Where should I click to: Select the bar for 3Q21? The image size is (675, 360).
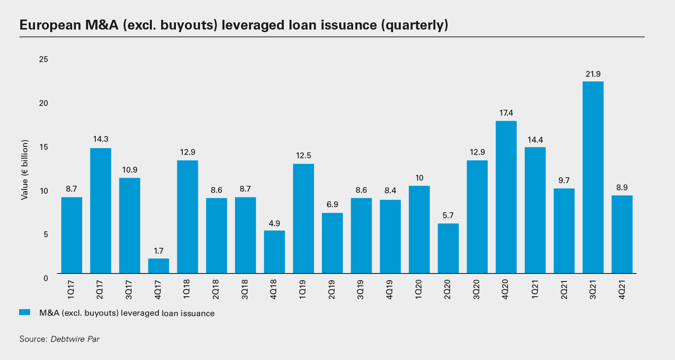[593, 177]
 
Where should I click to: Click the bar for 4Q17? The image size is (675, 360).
[159, 266]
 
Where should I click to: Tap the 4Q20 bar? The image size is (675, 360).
[506, 197]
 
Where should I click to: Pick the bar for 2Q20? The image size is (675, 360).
[448, 248]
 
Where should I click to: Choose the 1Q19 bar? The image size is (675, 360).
[303, 219]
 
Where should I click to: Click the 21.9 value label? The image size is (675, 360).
[593, 74]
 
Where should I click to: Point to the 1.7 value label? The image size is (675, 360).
[159, 251]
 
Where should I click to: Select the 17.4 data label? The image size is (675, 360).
[506, 113]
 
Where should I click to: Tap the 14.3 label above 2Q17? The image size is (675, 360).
[101, 139]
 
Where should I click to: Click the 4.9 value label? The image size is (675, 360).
[274, 224]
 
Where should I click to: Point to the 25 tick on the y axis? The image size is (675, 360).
[43, 60]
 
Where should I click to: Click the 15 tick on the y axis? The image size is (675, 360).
[43, 147]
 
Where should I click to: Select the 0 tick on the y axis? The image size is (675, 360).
[46, 278]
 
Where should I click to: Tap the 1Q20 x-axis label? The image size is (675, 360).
[418, 289]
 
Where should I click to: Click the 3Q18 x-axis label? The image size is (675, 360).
[245, 289]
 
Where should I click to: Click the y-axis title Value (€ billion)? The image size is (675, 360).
[25, 170]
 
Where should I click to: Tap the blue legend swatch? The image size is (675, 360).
[25, 312]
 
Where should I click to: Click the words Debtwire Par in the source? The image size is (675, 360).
[75, 339]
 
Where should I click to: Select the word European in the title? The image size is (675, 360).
[50, 25]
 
